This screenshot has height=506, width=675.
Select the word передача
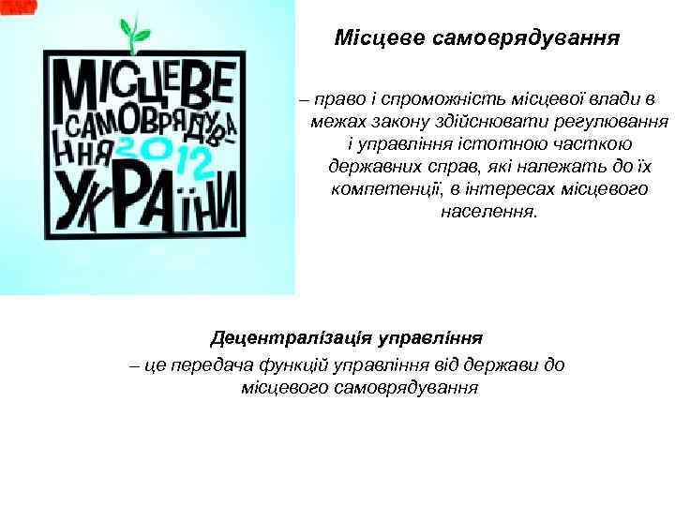click(x=212, y=365)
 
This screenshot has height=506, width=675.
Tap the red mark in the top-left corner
click(x=19, y=7)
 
